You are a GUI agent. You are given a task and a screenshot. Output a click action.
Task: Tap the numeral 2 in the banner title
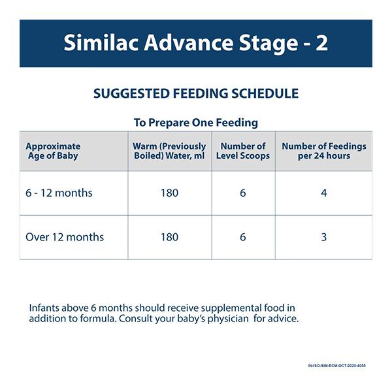pos(320,43)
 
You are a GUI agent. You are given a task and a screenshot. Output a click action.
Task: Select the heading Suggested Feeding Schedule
pos(196,94)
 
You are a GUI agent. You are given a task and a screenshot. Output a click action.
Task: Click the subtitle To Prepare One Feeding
pos(196,122)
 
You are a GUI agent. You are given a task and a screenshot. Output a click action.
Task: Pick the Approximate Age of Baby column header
pos(53,151)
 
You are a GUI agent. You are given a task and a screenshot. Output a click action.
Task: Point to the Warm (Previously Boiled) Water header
pos(169,151)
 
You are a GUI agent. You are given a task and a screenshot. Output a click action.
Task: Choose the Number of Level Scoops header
pos(243,151)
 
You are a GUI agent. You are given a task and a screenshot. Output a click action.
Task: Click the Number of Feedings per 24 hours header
pos(323,151)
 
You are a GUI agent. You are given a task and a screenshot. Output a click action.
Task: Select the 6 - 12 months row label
pos(59,193)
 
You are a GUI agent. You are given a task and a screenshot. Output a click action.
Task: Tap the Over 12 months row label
pos(65,237)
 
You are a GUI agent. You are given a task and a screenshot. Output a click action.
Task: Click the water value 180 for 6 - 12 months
pos(169,193)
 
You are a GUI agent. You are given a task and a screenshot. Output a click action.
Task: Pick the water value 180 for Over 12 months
pos(169,237)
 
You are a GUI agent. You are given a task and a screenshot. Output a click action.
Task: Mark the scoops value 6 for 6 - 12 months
pos(243,193)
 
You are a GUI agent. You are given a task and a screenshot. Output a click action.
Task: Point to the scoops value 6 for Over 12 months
pos(243,237)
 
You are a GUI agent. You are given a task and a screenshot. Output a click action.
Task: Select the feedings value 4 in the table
pos(324,193)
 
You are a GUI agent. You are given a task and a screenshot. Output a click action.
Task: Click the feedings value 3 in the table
pos(324,237)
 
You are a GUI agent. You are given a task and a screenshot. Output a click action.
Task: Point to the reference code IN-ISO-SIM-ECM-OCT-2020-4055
pos(336,365)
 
